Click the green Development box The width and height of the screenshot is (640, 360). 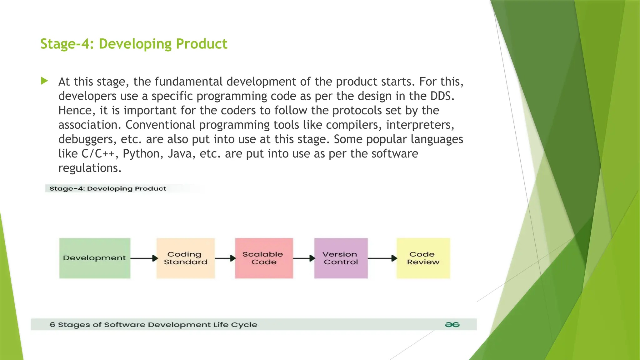pos(95,258)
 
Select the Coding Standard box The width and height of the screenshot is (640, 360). pos(186,258)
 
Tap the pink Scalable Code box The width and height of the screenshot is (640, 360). pos(264,258)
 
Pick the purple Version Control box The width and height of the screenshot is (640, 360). pos(341,258)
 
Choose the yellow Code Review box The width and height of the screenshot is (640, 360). pos(423,258)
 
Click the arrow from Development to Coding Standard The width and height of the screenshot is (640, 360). pos(144,258)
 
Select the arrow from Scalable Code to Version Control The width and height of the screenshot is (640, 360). pos(304,258)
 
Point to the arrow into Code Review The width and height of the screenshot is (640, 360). pos(382,258)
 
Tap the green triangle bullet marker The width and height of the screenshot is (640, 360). pos(44,81)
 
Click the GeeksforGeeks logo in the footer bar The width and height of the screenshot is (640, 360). pos(452,325)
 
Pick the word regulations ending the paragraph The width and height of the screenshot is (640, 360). pos(89,168)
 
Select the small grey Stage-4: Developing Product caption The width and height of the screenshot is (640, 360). pos(108,188)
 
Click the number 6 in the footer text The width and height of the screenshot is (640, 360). pos(52,325)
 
